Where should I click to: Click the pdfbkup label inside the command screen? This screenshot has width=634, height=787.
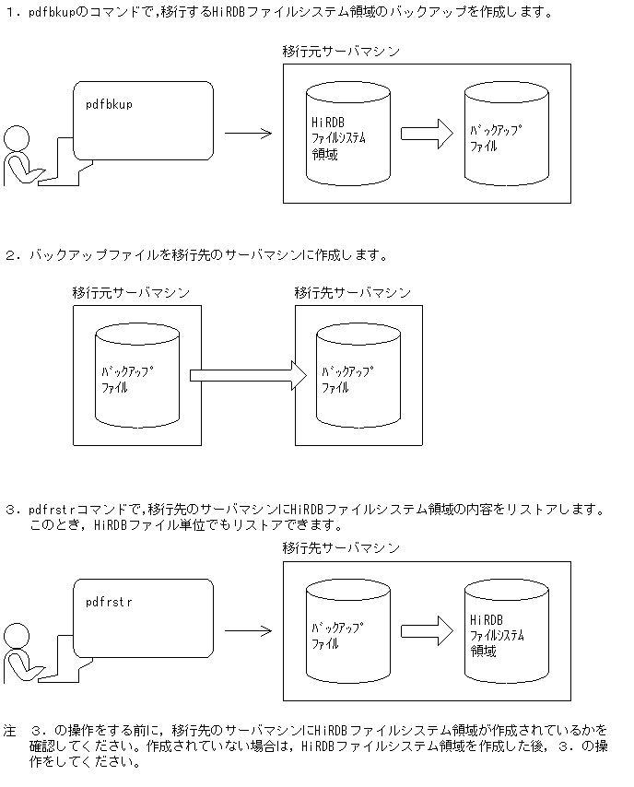click(x=109, y=104)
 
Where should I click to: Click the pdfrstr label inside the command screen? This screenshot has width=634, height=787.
click(x=109, y=602)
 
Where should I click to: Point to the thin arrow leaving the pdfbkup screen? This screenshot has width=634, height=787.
click(x=248, y=134)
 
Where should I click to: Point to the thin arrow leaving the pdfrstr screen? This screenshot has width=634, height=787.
click(x=248, y=631)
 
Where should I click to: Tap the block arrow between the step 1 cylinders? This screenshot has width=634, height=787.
click(x=427, y=134)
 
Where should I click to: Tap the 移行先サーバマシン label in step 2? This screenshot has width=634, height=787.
click(x=353, y=292)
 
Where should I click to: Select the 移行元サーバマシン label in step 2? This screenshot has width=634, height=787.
click(x=131, y=292)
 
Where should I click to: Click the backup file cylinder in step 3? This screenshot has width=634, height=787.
click(x=347, y=631)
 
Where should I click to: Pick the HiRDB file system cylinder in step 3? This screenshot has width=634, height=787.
click(x=507, y=631)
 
